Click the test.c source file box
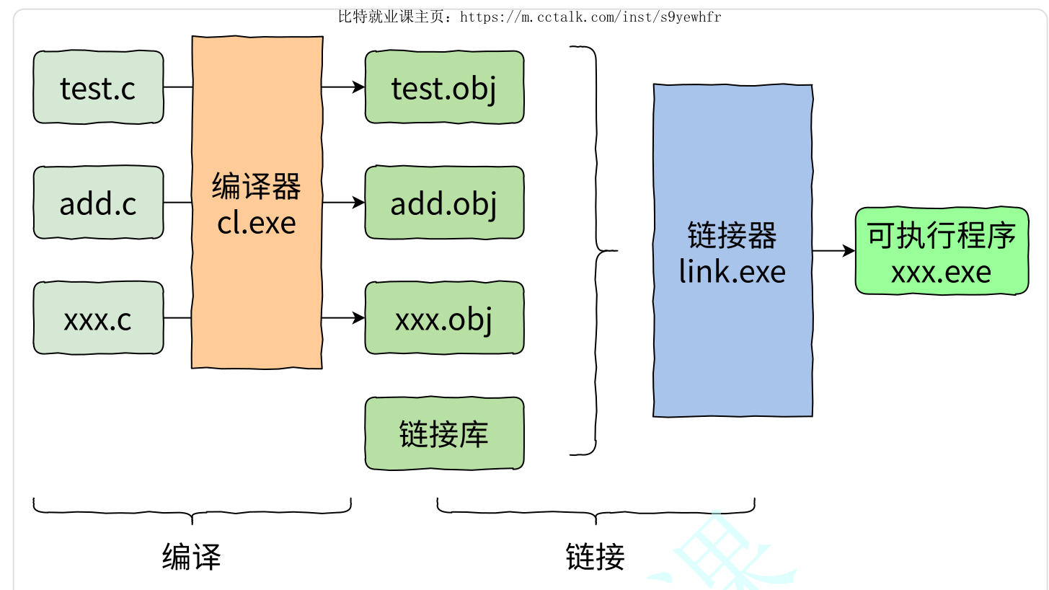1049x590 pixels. tap(98, 87)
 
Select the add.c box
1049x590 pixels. tap(98, 203)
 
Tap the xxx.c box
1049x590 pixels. tap(98, 318)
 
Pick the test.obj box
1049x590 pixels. tap(444, 87)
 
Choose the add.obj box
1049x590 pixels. tap(444, 203)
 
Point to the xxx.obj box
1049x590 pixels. tap(444, 318)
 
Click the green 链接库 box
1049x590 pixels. tap(444, 433)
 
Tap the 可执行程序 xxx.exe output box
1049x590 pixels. tap(942, 251)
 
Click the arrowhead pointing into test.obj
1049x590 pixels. tap(359, 87)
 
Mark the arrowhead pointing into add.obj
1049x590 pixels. tap(359, 203)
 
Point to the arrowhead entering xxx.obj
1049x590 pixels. tap(359, 317)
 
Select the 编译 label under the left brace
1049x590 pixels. tap(191, 556)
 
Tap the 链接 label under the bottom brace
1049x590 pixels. tap(596, 556)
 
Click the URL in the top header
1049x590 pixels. tap(590, 17)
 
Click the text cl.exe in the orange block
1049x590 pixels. tap(257, 222)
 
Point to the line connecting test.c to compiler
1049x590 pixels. tap(177, 87)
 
